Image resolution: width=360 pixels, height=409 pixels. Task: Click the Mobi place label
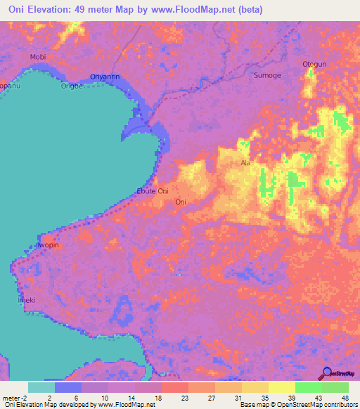(37, 56)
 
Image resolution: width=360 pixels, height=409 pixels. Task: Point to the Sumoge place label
(267, 75)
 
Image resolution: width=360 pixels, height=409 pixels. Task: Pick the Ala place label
(245, 163)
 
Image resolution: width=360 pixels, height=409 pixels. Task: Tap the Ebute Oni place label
(152, 191)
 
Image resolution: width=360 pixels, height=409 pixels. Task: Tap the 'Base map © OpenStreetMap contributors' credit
(297, 405)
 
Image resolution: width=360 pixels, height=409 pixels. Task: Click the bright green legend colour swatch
(308, 387)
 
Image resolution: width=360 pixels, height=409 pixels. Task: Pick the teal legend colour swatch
(41, 387)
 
